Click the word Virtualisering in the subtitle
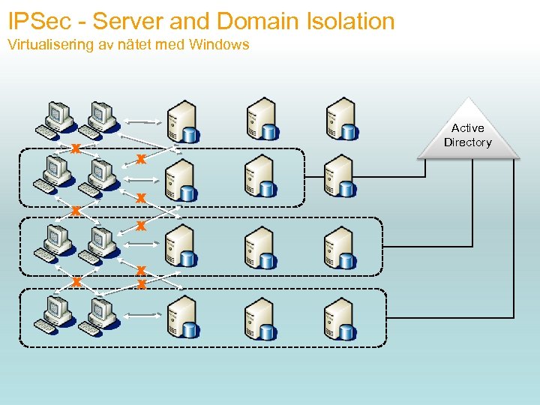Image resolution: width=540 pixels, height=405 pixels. coord(51,45)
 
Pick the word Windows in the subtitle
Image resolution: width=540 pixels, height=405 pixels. coord(218,45)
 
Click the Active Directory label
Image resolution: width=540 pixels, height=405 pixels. coord(467,135)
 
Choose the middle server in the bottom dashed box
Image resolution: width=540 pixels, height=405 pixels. coord(259,318)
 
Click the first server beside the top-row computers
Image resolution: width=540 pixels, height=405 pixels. coord(181,122)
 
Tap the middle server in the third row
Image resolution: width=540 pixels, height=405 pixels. coord(259,247)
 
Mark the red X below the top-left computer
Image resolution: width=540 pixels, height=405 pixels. coord(76,147)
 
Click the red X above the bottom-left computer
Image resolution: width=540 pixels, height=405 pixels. coord(76,281)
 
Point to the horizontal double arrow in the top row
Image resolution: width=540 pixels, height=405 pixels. coord(142,121)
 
